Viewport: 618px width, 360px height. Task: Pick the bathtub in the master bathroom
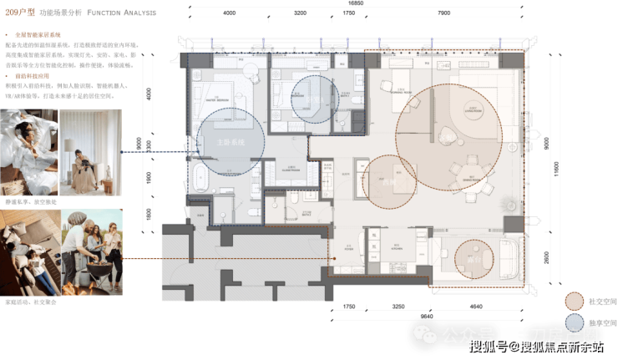(200, 177)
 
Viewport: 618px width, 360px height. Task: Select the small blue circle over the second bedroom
(316, 99)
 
